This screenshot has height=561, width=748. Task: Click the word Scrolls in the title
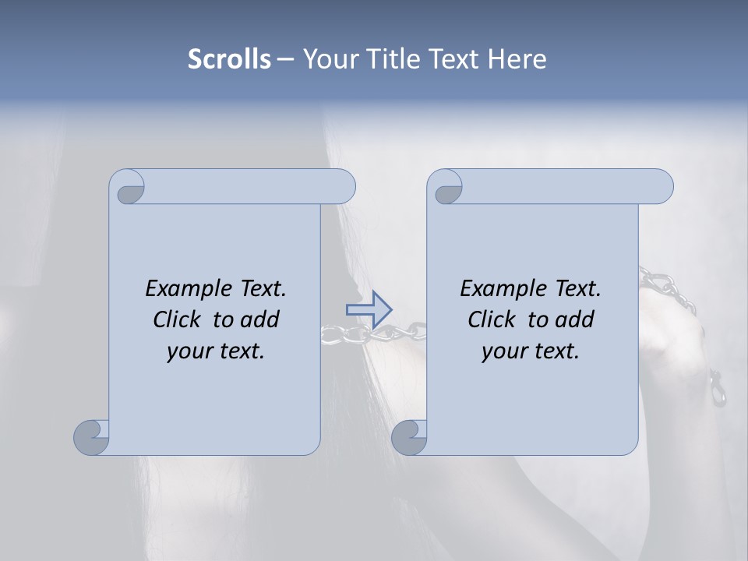[229, 59]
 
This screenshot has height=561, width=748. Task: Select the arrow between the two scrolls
[369, 309]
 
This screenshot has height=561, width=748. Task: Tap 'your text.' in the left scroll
[216, 351]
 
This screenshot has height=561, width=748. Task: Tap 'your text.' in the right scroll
[531, 351]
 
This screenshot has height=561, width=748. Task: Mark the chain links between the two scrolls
[374, 334]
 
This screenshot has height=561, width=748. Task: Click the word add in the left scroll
[260, 319]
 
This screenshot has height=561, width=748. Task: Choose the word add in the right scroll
[575, 319]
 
